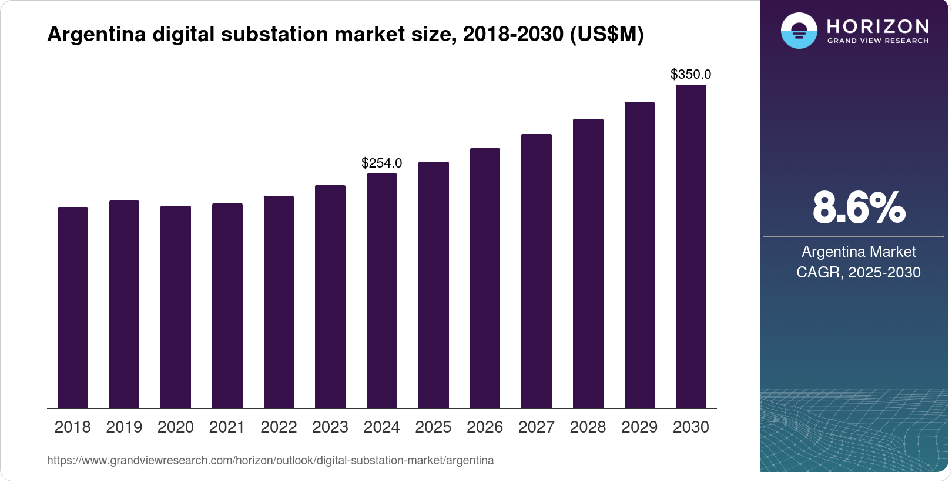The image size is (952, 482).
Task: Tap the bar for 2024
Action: click(x=382, y=290)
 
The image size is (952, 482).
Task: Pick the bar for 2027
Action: click(x=537, y=271)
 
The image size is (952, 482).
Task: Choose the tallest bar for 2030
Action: click(x=691, y=246)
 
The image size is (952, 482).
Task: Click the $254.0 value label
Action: click(x=382, y=163)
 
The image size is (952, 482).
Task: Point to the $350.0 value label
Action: click(x=691, y=75)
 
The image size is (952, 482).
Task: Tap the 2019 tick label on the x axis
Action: click(x=124, y=427)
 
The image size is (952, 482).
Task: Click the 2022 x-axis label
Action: click(x=279, y=427)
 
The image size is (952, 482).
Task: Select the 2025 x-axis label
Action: click(x=433, y=427)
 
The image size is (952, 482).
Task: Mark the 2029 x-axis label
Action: click(x=639, y=427)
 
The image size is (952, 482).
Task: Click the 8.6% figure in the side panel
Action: click(x=859, y=208)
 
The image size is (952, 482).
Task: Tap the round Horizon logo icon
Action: click(x=799, y=31)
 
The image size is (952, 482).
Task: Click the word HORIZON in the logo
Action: click(x=878, y=26)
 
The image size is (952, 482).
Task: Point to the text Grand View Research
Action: click(x=878, y=41)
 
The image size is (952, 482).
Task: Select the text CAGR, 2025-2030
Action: click(x=859, y=273)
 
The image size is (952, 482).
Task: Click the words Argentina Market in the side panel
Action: click(x=859, y=252)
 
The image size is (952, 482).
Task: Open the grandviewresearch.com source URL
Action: click(x=270, y=461)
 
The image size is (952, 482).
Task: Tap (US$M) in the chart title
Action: click(x=607, y=34)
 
